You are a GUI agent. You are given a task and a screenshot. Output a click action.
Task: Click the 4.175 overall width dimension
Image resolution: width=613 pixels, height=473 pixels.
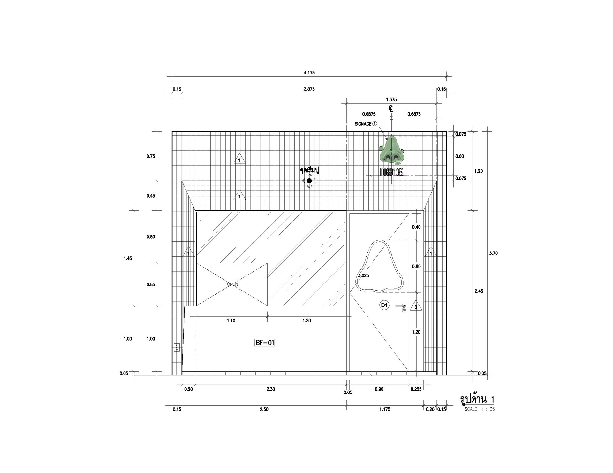click(309, 73)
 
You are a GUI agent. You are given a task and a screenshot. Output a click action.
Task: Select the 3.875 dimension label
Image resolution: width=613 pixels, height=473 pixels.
click(309, 89)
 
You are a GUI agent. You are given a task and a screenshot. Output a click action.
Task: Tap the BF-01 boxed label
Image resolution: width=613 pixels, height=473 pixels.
click(265, 343)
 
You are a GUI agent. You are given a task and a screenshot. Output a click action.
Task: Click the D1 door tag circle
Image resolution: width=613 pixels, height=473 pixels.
click(384, 305)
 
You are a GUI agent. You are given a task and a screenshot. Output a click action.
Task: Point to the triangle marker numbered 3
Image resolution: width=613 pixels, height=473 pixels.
click(416, 306)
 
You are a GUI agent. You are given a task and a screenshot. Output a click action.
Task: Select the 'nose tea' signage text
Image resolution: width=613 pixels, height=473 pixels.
click(391, 172)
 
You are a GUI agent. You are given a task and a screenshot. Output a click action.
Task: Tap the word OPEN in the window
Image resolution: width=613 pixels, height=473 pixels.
click(232, 284)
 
